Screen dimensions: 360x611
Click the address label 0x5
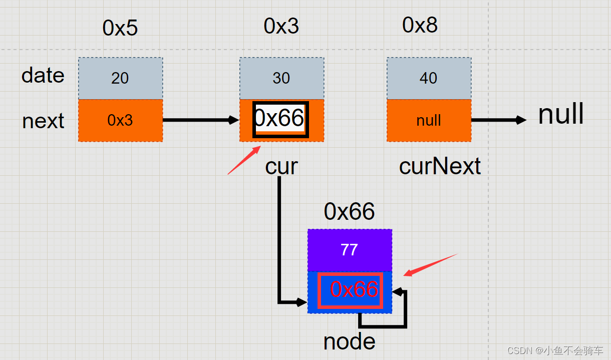(x=120, y=28)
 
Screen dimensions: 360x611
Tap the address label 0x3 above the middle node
(x=281, y=26)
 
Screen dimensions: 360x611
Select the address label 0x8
(x=420, y=25)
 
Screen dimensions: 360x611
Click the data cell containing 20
(x=120, y=78)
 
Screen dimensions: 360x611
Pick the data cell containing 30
(x=281, y=78)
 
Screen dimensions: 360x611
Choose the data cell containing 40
(x=429, y=78)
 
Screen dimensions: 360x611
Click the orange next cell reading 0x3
(x=120, y=120)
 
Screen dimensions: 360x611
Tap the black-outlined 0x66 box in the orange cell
(x=280, y=119)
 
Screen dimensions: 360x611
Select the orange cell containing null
(x=429, y=120)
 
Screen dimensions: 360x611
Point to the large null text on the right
(x=561, y=115)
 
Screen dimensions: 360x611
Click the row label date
(x=43, y=76)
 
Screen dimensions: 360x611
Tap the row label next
(x=43, y=121)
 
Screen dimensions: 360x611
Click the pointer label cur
(x=281, y=166)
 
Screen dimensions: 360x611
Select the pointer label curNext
(x=440, y=166)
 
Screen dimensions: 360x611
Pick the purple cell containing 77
(x=350, y=250)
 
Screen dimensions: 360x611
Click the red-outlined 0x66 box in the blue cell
(x=351, y=290)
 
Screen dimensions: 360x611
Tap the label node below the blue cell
(x=349, y=342)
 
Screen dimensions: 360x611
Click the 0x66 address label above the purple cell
(x=349, y=212)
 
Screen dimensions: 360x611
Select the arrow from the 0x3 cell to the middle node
(x=200, y=120)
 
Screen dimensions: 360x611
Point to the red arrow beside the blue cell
(x=431, y=265)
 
